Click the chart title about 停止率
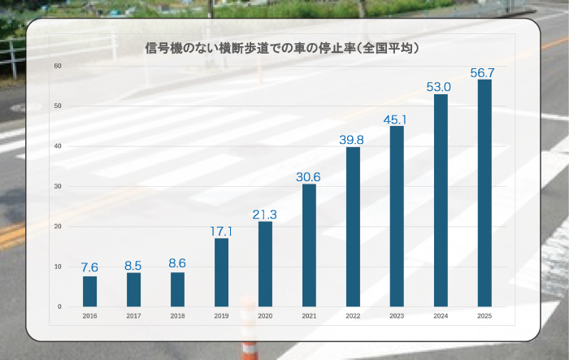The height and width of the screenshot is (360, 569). click(280, 49)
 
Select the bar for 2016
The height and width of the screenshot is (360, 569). click(89, 291)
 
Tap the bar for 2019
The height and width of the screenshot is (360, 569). click(221, 272)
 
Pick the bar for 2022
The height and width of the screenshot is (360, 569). click(353, 227)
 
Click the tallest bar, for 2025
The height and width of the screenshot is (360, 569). click(484, 193)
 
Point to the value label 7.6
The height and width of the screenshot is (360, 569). click(89, 267)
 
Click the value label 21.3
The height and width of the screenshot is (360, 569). click(265, 214)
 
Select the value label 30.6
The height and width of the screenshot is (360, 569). click(309, 176)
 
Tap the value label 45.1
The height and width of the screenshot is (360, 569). click(397, 119)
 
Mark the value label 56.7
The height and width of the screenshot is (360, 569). click(483, 72)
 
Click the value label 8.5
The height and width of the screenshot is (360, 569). click(133, 264)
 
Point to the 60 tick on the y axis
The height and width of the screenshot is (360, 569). click(58, 66)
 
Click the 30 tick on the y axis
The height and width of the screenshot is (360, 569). click(58, 186)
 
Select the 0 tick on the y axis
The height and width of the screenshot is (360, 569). click(59, 306)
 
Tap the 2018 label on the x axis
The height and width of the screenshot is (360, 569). click(177, 315)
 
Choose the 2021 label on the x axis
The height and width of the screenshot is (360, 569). click(309, 315)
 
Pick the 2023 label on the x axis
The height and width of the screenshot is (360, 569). click(397, 315)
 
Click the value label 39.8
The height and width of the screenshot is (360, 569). click(352, 140)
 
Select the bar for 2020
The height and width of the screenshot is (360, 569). click(265, 264)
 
